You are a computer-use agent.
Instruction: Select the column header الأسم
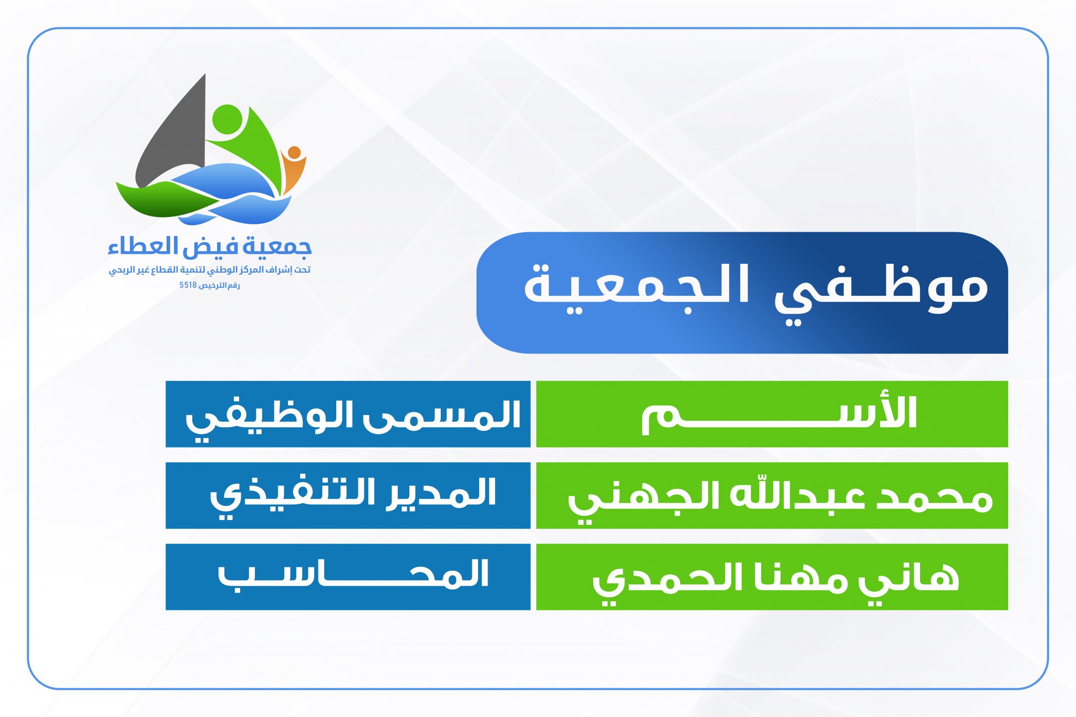(x=779, y=414)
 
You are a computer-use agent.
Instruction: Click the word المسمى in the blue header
(x=442, y=415)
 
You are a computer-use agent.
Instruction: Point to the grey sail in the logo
(x=170, y=131)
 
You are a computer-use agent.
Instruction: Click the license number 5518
(x=188, y=285)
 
